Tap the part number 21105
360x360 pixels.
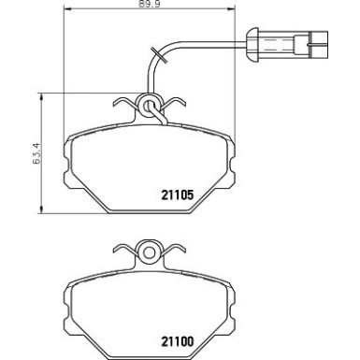pos(172,195)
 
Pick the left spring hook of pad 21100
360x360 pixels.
pos(119,252)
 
